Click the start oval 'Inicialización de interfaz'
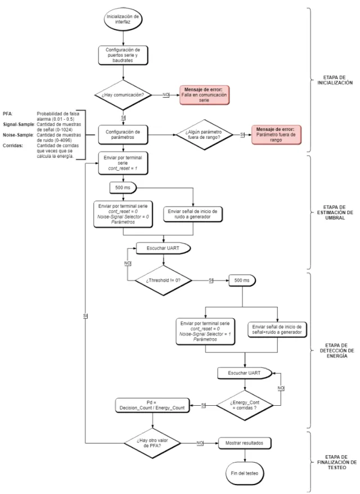coord(123,19)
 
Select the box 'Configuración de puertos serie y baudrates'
coord(123,55)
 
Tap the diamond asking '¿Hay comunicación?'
coord(123,95)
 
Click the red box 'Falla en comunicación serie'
coord(204,95)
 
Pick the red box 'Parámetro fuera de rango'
coord(276,135)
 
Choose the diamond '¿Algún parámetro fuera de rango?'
coord(204,135)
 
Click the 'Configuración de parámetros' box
coord(123,135)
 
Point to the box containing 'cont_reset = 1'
coord(123,163)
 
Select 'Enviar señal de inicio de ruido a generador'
coord(192,214)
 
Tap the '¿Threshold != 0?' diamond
coord(163,280)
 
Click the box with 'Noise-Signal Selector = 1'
coord(205,332)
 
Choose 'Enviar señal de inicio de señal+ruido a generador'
coord(277,329)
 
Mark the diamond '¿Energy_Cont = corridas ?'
coord(245,405)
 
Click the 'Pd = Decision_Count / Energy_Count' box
coord(152,405)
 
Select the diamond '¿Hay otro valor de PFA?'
coord(152,443)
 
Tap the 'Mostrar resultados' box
coord(245,443)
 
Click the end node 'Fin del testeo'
coord(245,473)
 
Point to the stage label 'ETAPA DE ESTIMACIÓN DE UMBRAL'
coord(335,212)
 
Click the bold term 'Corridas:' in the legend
coord(13,146)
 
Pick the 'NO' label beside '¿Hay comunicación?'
coord(166,94)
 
